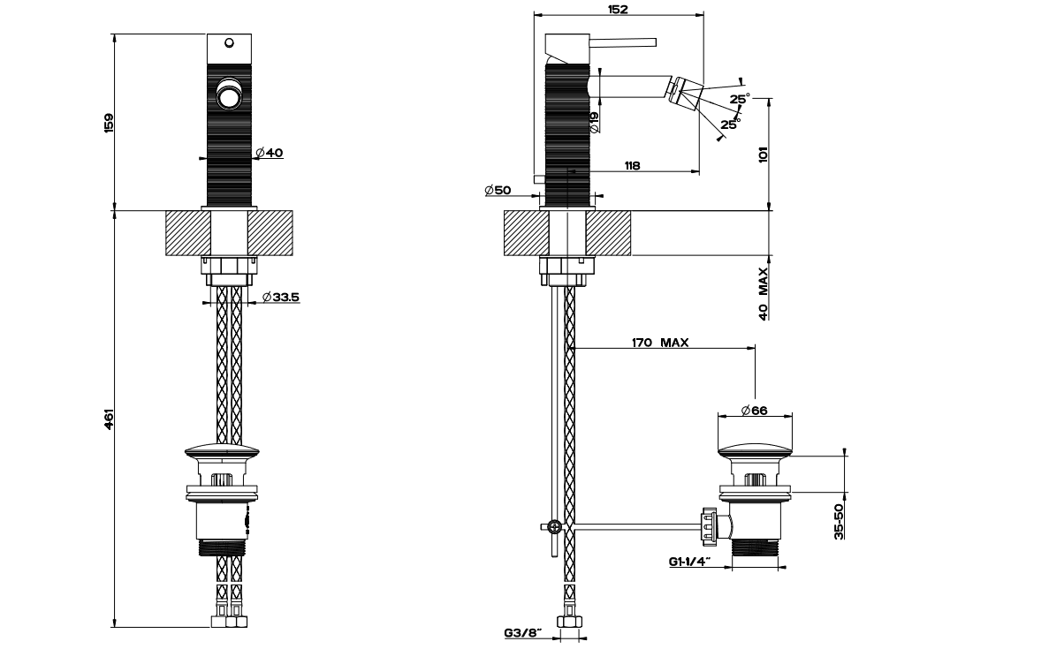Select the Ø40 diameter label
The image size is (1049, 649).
[x=270, y=153]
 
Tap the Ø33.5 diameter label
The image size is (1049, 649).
[x=282, y=298]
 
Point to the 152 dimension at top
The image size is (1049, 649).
[x=618, y=10]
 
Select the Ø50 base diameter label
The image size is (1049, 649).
[x=498, y=190]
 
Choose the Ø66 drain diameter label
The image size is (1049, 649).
[x=756, y=409]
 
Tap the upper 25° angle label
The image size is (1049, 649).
[x=740, y=98]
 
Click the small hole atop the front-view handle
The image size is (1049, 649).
[x=230, y=41]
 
